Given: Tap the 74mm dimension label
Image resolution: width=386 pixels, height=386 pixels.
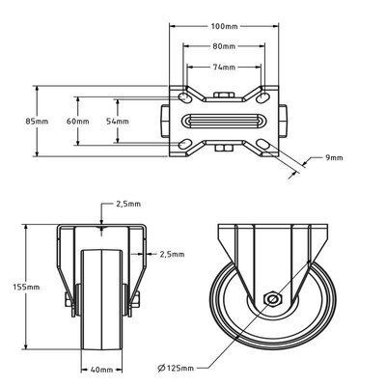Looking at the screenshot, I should [224, 66].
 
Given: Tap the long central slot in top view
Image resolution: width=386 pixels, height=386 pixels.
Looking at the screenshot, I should [224, 122].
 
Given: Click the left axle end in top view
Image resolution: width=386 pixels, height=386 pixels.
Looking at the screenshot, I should [166, 122].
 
